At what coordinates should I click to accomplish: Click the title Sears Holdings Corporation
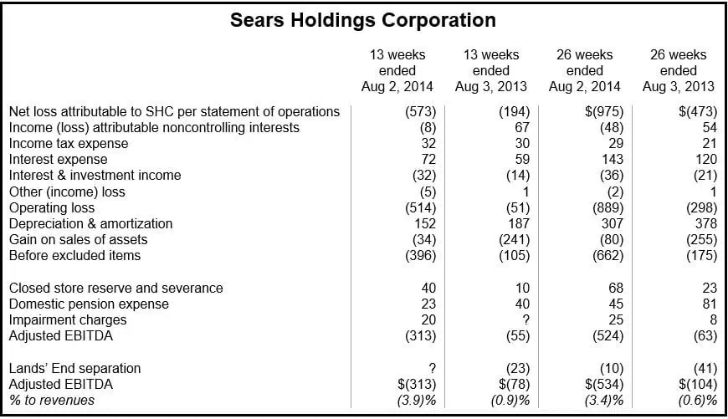363,20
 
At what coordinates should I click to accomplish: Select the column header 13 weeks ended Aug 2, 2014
397,70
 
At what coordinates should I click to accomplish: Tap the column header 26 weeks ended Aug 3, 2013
678,70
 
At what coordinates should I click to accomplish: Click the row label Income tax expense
69,144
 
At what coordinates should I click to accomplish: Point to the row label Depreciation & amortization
90,224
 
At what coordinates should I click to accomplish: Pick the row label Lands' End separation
74,369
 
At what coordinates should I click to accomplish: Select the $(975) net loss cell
602,112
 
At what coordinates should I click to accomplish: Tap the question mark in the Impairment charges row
524,320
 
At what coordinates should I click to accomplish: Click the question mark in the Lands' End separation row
430,369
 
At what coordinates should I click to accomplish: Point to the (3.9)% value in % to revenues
414,401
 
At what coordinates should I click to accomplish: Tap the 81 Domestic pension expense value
709,304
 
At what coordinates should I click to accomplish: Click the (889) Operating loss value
604,208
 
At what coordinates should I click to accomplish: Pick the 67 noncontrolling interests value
521,128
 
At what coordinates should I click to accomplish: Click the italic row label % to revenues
51,401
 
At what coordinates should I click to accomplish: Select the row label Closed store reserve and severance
115,289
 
